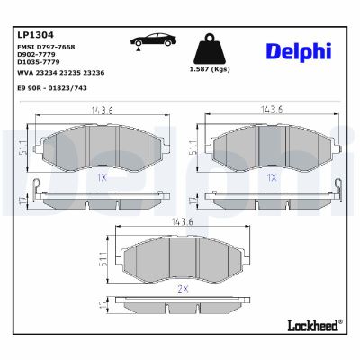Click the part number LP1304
coord(32,33)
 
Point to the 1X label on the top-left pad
coord(102,178)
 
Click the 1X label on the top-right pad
coord(271,178)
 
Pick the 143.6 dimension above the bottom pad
coord(183,221)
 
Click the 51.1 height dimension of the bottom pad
coord(106,260)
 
